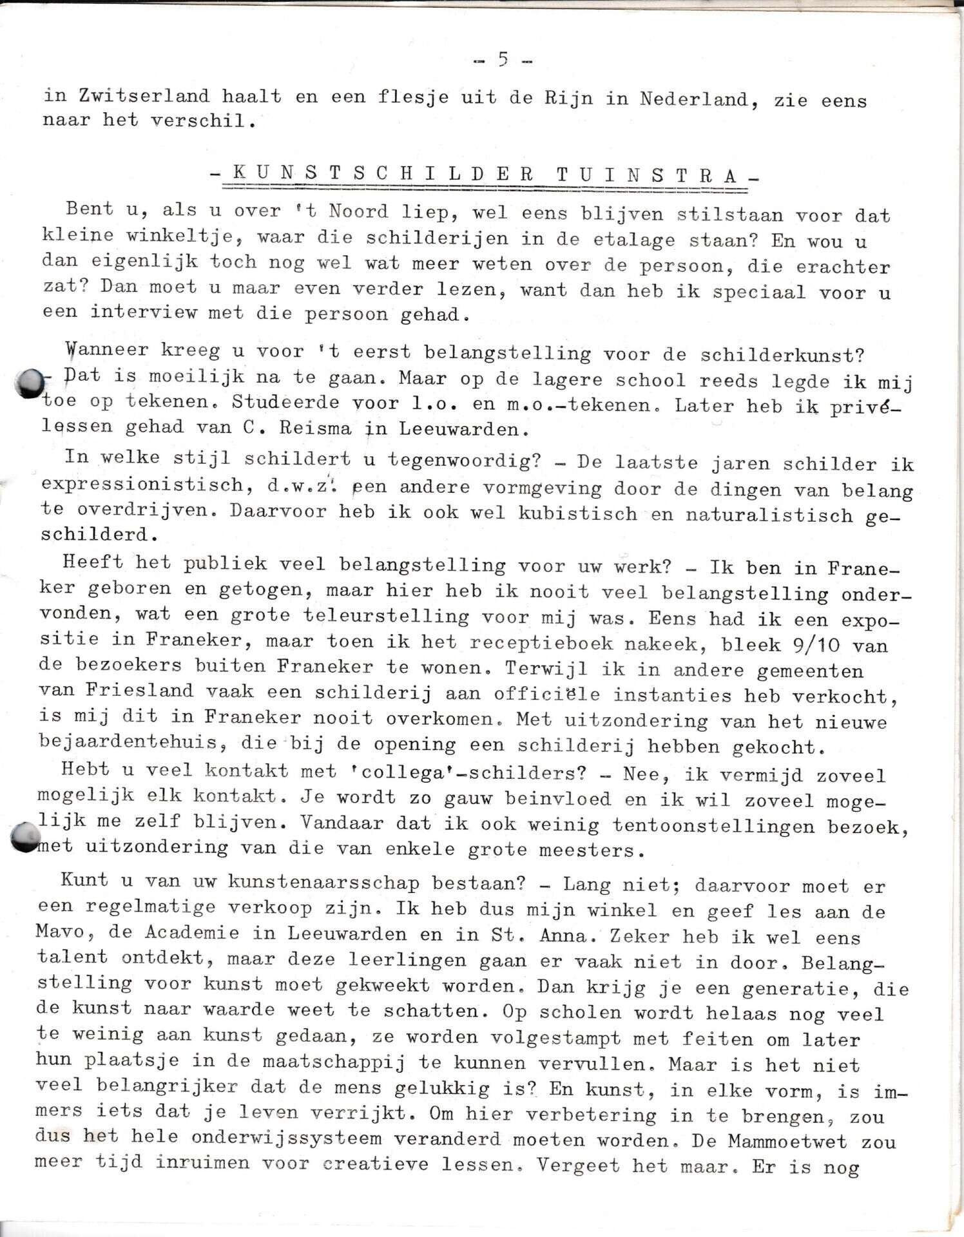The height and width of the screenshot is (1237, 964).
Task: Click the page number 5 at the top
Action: (503, 60)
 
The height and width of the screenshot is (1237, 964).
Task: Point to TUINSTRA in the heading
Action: (647, 176)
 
